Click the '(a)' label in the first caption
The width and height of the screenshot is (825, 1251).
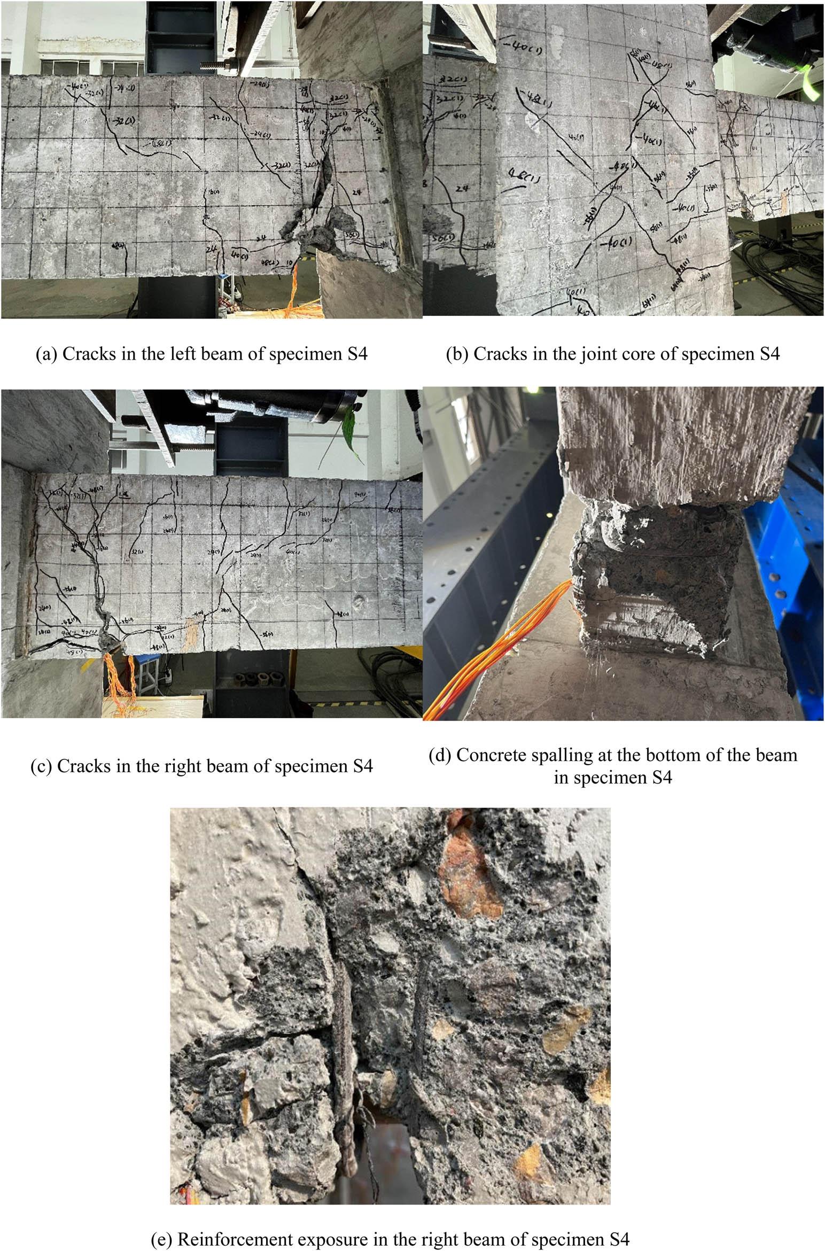coord(46,355)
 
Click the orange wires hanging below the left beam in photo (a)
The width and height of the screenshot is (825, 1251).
coord(294,294)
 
